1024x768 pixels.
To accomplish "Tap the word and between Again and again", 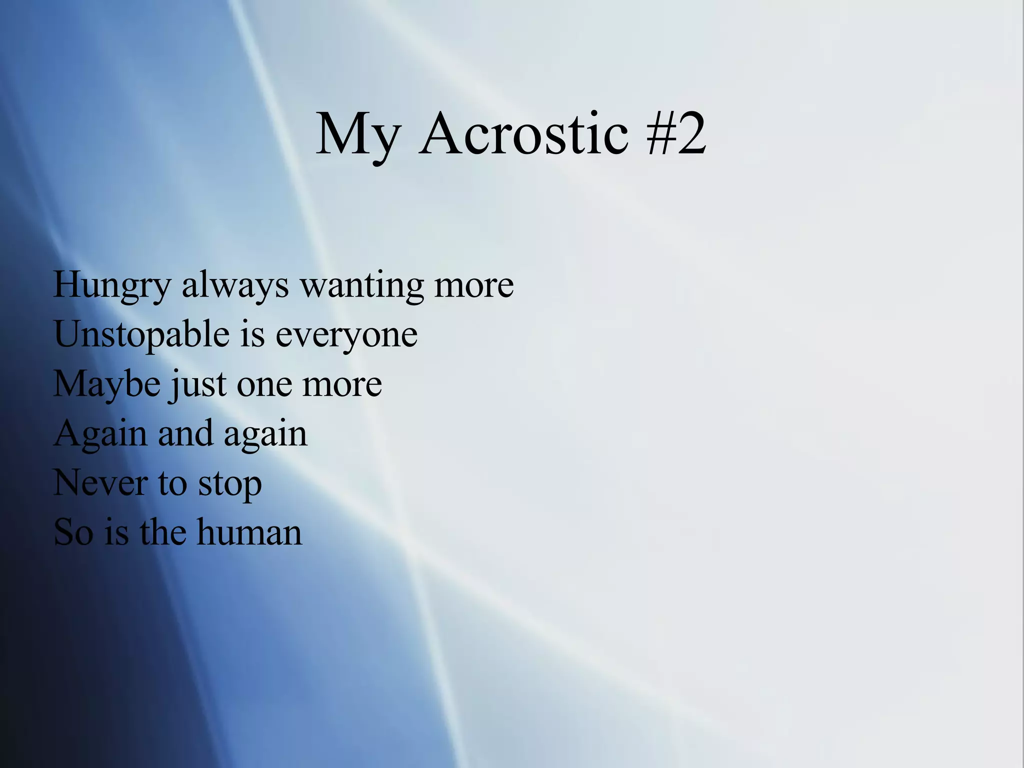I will [x=185, y=433].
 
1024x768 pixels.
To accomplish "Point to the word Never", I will [x=100, y=483].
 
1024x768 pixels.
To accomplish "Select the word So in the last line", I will [x=73, y=532].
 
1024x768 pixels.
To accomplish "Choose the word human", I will [x=249, y=532].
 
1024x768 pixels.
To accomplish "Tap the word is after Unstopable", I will [x=252, y=334].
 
